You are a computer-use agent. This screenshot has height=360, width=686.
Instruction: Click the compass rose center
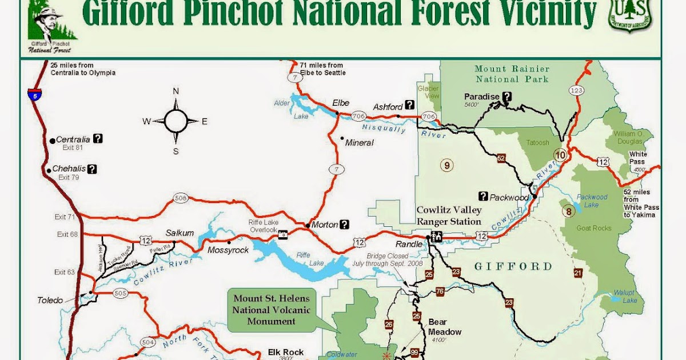(x=176, y=121)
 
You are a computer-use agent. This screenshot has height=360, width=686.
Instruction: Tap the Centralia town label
(x=73, y=139)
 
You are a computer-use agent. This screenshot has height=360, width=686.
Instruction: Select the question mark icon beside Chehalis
(x=92, y=169)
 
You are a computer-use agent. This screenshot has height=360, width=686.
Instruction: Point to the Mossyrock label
(x=228, y=250)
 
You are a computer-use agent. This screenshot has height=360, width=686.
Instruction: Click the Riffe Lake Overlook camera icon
(x=282, y=234)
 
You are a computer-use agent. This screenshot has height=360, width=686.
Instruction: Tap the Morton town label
(x=325, y=225)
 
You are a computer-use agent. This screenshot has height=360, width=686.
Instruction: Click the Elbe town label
(x=341, y=103)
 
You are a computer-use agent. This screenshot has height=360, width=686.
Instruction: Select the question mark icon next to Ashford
(x=409, y=105)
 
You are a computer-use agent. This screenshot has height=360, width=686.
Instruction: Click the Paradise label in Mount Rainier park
(x=482, y=97)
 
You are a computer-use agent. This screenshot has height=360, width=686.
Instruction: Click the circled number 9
(x=446, y=166)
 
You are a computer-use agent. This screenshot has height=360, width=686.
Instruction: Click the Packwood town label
(x=509, y=198)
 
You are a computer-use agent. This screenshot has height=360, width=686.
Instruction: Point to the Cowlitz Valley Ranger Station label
(x=449, y=215)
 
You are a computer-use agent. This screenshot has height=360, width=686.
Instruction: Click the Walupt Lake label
(x=624, y=297)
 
